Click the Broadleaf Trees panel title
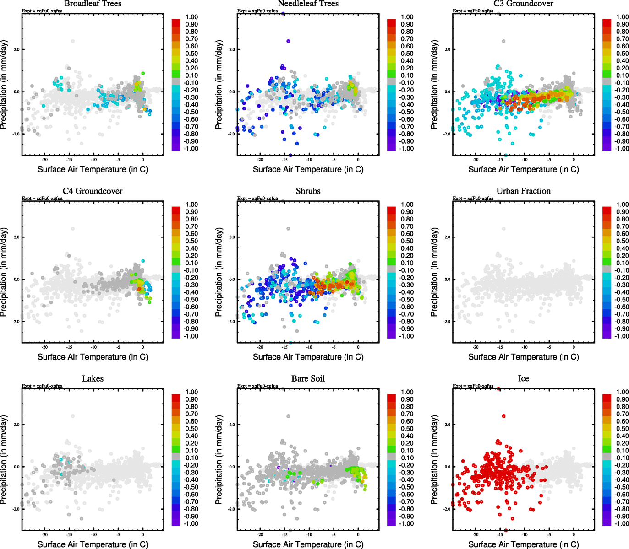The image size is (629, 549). coord(93,4)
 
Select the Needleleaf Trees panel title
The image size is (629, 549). coord(308,4)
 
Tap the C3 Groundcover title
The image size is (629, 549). coord(524,4)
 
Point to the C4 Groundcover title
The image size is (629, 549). coord(93,191)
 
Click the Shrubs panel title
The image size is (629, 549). coord(308,191)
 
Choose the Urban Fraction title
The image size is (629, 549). coord(524,191)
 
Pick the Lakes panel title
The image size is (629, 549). coord(93,379)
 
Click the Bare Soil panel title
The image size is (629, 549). coord(308,379)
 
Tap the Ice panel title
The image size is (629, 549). coord(524,379)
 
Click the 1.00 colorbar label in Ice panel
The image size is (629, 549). coord(623,392)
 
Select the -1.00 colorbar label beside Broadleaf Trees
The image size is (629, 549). coord(191,149)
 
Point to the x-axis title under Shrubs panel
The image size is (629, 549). coord(308,357)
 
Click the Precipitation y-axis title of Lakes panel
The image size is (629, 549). coord(4,460)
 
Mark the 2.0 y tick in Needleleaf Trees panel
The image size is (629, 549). coord(232,49)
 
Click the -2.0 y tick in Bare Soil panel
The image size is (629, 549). coord(232,509)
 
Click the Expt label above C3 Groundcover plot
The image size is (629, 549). coord(473,11)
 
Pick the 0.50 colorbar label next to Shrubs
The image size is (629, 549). coord(407,241)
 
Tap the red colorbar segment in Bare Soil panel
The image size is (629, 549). coord(391,398)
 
